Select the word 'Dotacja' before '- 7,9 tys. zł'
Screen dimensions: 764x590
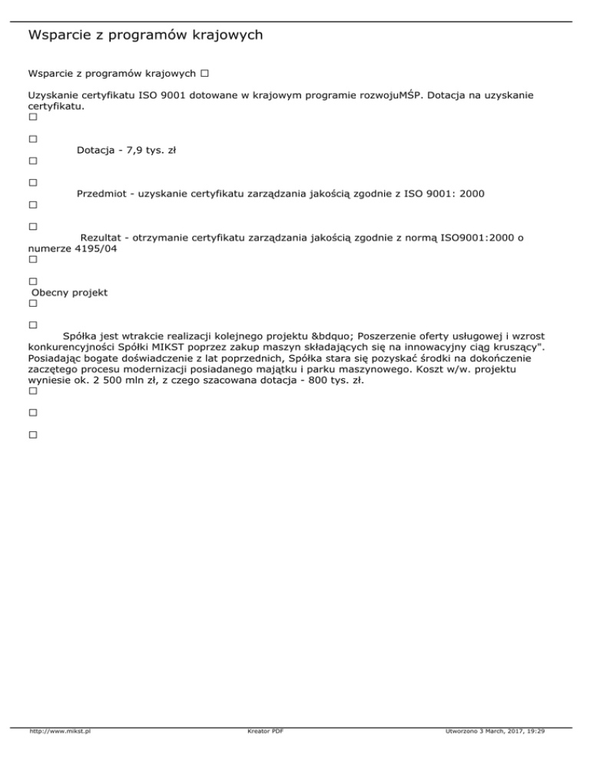pos(96,151)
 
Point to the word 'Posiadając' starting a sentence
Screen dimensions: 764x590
pos(56,358)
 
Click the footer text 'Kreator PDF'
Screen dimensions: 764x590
pos(261,732)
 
